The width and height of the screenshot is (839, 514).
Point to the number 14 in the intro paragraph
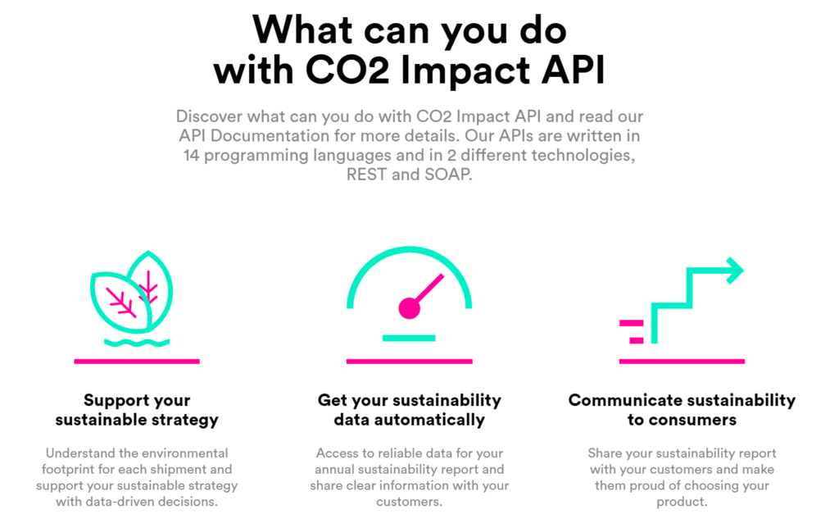pyautogui.click(x=191, y=155)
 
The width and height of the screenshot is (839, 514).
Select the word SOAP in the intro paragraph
pyautogui.click(x=448, y=175)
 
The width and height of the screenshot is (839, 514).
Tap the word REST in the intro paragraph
pyautogui.click(x=366, y=175)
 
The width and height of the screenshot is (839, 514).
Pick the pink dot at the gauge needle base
pyautogui.click(x=410, y=308)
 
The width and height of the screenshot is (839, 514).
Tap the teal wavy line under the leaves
pyautogui.click(x=137, y=343)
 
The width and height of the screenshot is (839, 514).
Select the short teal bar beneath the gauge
pyautogui.click(x=409, y=338)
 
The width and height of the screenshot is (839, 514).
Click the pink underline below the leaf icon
pyautogui.click(x=137, y=362)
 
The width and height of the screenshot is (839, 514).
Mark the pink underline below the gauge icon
pyautogui.click(x=410, y=362)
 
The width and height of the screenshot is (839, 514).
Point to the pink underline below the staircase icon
pyautogui.click(x=682, y=362)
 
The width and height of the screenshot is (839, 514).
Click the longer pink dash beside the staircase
pyautogui.click(x=632, y=323)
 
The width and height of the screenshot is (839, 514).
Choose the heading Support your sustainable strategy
pyautogui.click(x=137, y=410)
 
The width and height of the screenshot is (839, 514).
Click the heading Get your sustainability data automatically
pyautogui.click(x=410, y=410)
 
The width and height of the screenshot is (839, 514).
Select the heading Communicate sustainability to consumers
pyautogui.click(x=682, y=410)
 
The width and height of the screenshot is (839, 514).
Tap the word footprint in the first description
pyautogui.click(x=69, y=470)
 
